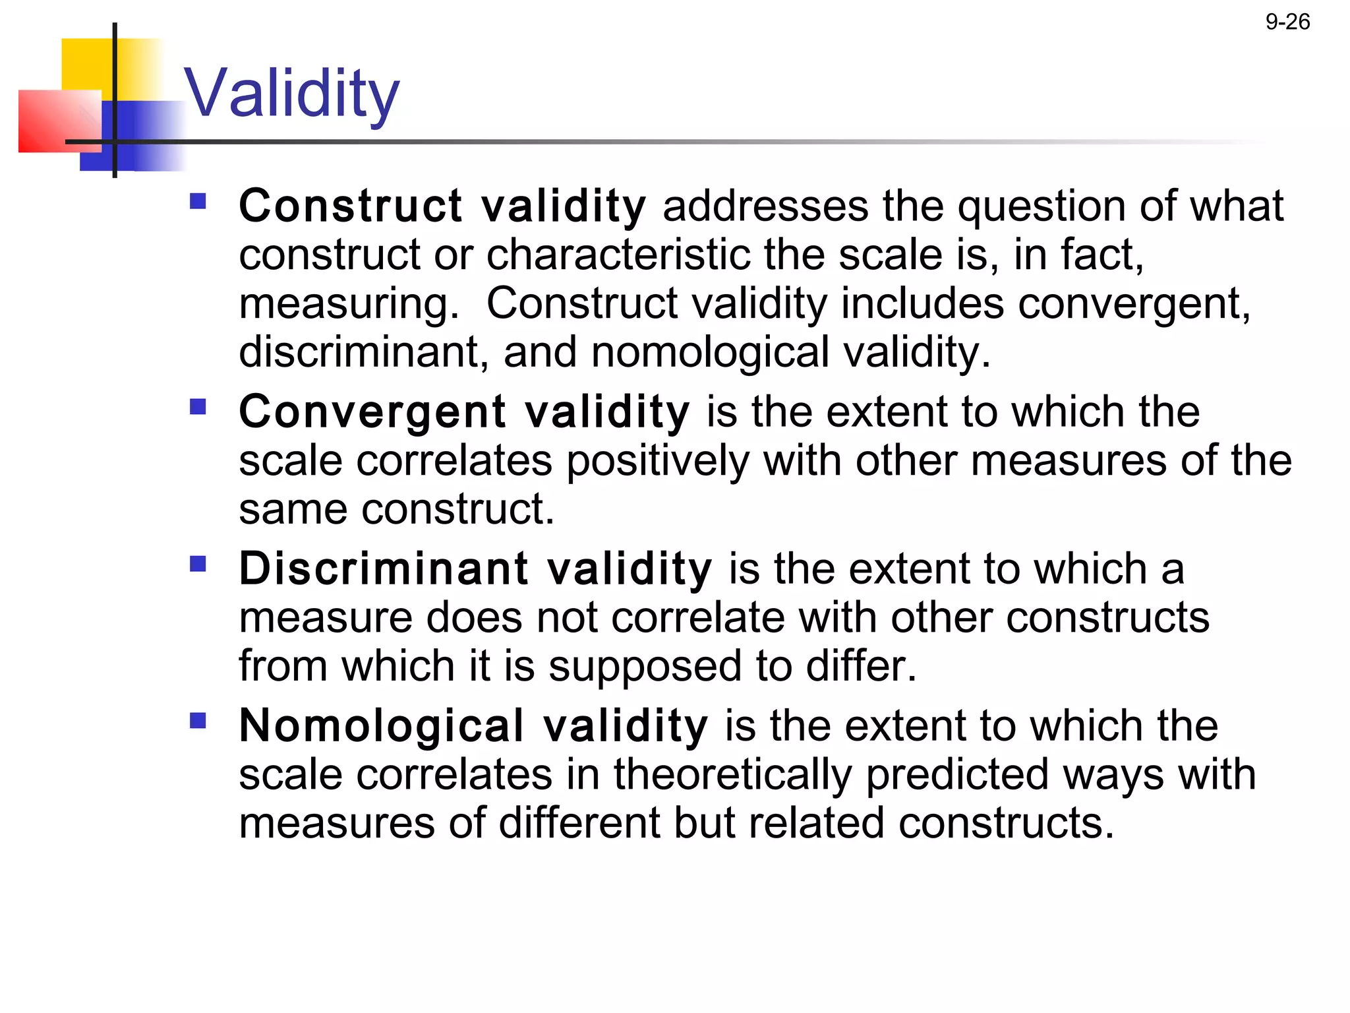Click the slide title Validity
291,94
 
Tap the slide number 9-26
1287,22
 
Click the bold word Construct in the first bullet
351,206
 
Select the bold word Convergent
372,412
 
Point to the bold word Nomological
382,725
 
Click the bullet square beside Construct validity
198,200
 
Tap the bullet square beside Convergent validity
198,406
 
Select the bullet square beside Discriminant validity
198,563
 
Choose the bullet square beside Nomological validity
198,720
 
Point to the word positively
658,460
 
